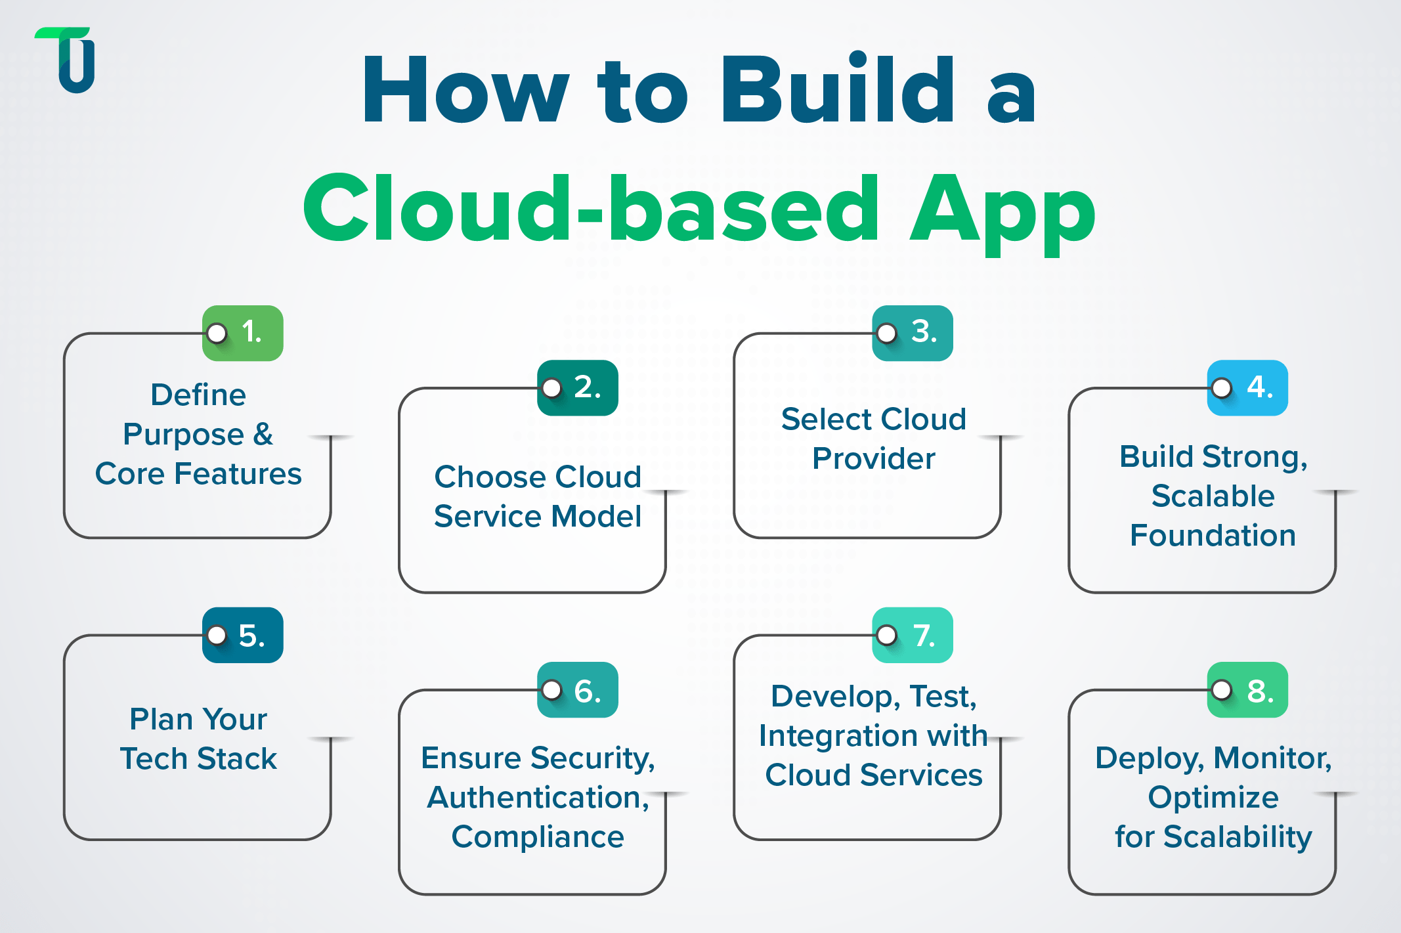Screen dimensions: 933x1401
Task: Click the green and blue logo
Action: pyautogui.click(x=69, y=60)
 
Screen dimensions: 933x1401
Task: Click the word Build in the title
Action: pyautogui.click(x=838, y=90)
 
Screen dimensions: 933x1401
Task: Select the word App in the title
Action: pyautogui.click(x=1001, y=209)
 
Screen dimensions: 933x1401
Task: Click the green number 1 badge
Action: pyautogui.click(x=243, y=333)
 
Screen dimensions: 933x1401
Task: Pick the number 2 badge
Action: pyautogui.click(x=578, y=388)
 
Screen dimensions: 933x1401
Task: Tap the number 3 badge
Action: pyautogui.click(x=913, y=333)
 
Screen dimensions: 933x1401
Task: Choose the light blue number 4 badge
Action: pyautogui.click(x=1247, y=388)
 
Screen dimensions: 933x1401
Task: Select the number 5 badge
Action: pyautogui.click(x=243, y=635)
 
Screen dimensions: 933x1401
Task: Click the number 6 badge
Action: pyautogui.click(x=578, y=690)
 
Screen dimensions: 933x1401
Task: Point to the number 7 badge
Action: pyautogui.click(x=913, y=635)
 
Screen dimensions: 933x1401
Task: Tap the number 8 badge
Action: pyautogui.click(x=1247, y=690)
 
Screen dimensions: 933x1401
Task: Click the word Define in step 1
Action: pyautogui.click(x=198, y=395)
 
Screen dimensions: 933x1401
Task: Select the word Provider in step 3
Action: pyautogui.click(x=873, y=459)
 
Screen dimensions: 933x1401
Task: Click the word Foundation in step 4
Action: pyautogui.click(x=1213, y=536)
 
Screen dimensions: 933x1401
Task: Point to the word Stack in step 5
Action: pyautogui.click(x=237, y=759)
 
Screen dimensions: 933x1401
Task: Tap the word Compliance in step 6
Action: pyautogui.click(x=538, y=837)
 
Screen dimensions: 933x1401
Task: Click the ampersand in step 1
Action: pyautogui.click(x=263, y=434)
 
